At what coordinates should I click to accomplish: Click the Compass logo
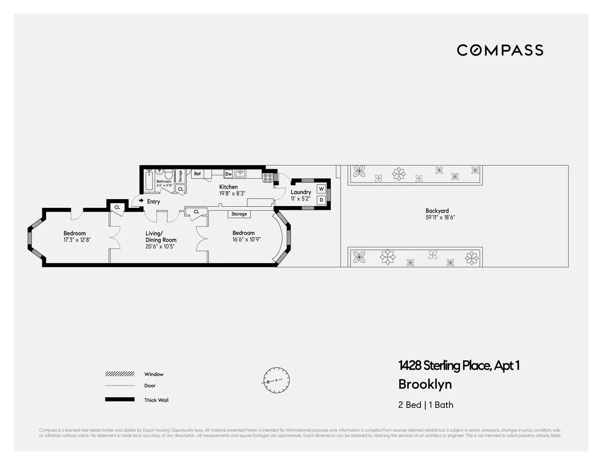(x=500, y=50)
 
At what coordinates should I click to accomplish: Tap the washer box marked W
(x=321, y=189)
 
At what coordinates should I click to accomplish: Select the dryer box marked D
(x=321, y=200)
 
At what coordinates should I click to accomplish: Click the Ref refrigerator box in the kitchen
(x=197, y=174)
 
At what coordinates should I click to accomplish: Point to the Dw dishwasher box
(x=228, y=174)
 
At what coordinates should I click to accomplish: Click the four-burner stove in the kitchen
(x=268, y=177)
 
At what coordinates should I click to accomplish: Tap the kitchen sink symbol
(x=241, y=174)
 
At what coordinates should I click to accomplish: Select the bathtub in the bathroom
(x=149, y=181)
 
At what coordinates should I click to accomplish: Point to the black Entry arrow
(x=141, y=200)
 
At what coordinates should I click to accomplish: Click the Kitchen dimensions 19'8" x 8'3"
(x=232, y=193)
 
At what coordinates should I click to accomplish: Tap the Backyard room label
(x=437, y=211)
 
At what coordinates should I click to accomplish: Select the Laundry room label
(x=301, y=192)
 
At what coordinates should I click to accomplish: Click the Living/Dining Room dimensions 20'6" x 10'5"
(x=161, y=246)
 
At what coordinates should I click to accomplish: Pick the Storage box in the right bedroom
(x=239, y=214)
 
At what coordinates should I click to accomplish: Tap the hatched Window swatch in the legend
(x=120, y=374)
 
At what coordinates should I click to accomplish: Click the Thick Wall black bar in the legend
(x=120, y=399)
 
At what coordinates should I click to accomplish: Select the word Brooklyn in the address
(x=425, y=385)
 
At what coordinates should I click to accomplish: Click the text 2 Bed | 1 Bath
(x=425, y=405)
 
